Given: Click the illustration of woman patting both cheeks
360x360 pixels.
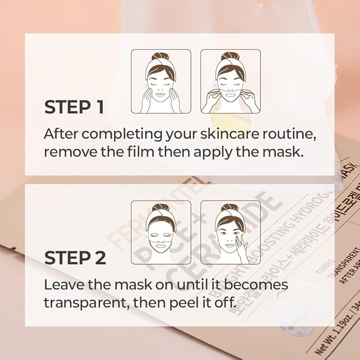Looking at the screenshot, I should [x=161, y=81].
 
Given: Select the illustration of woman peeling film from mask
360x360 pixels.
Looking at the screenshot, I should [x=230, y=81].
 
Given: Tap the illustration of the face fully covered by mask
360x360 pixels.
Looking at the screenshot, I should [x=161, y=232].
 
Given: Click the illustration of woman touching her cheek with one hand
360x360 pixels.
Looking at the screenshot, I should [x=230, y=232].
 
